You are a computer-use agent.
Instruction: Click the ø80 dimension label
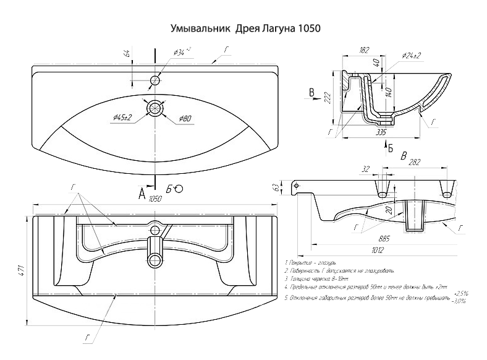[x=185, y=118]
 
